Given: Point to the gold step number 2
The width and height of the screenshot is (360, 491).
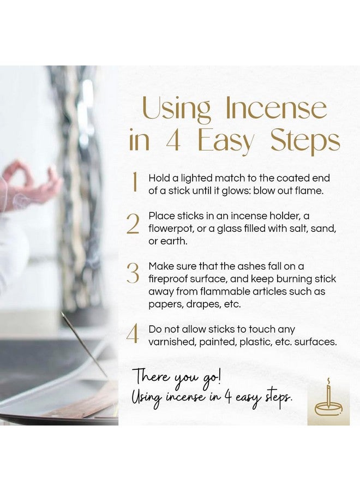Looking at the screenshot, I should (133, 224).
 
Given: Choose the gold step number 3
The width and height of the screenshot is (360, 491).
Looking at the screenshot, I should (133, 273).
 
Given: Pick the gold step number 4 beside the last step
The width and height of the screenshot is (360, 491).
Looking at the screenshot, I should (133, 334).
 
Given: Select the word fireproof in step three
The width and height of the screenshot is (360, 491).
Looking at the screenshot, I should (169, 279).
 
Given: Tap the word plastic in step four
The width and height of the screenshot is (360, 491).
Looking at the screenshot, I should (266, 342).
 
